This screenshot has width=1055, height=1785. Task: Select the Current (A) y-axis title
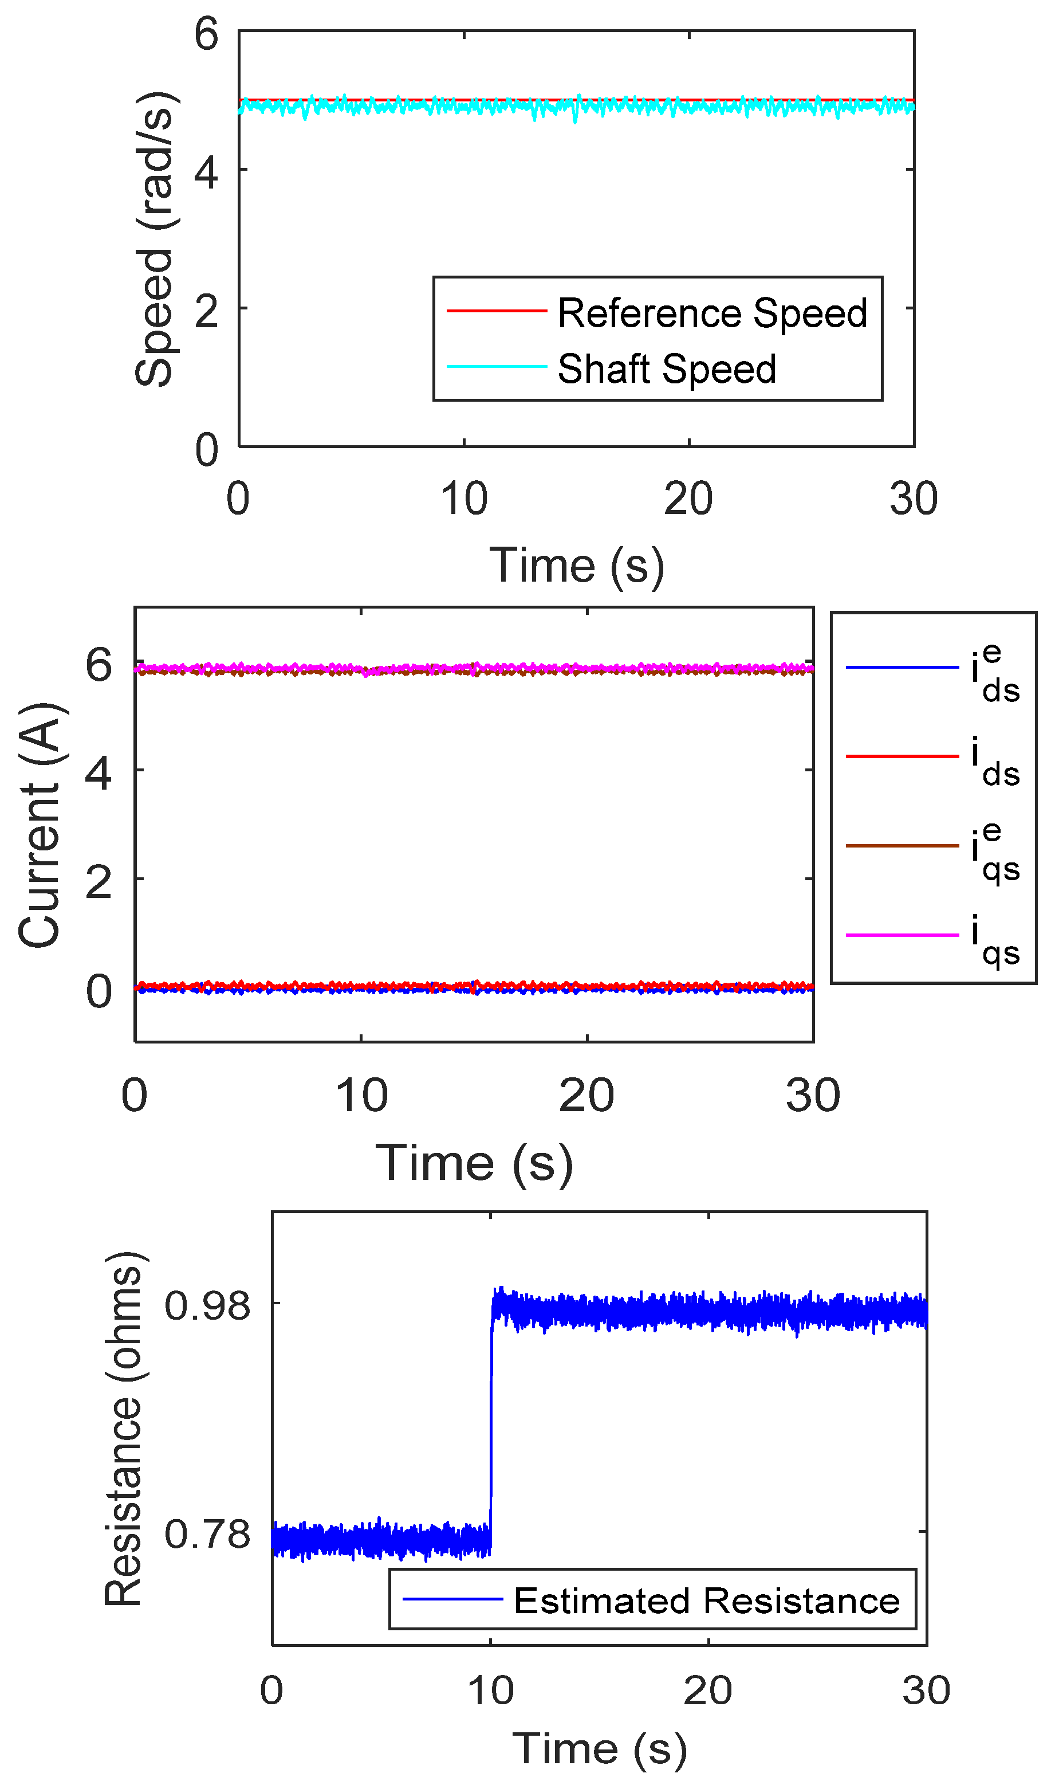39,825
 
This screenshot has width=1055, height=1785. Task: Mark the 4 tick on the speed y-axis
206,171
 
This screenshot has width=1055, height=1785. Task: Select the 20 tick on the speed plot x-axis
688,499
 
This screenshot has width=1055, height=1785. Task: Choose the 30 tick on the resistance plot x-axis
926,1690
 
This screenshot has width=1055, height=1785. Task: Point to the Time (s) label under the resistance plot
599,1749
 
